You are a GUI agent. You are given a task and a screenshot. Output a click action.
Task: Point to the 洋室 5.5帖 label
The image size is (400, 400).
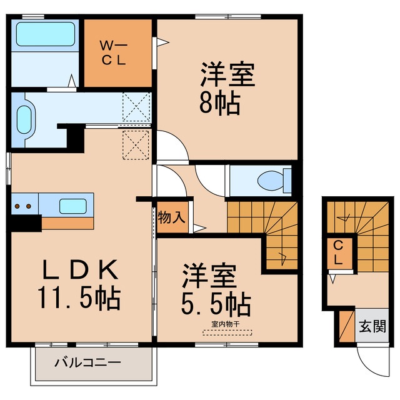[x=216, y=290]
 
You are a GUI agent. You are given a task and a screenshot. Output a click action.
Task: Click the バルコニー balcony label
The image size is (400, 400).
[x=87, y=362]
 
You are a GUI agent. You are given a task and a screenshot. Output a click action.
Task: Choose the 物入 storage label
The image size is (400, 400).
[x=171, y=217]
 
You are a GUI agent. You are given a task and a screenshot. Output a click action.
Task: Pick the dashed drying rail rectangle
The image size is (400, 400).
[x=227, y=333]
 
